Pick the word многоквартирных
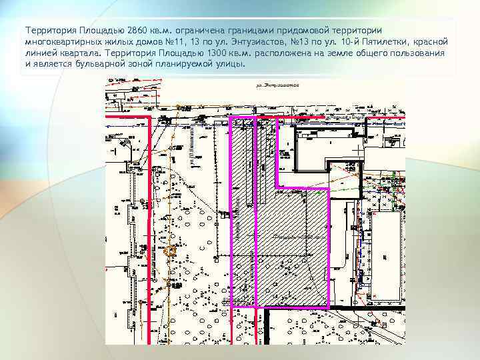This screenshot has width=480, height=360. [x=64, y=42]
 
